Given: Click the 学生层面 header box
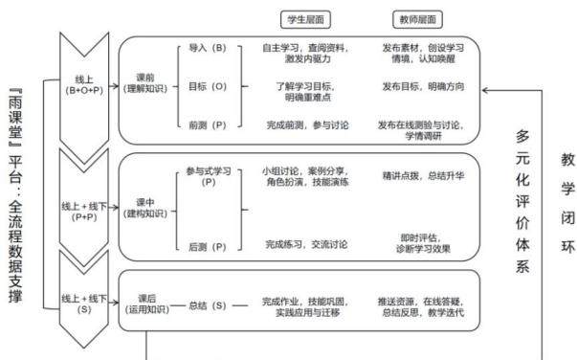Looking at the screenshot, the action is point(305,19).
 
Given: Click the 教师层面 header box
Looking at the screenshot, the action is point(417,19).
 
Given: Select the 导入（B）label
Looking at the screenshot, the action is point(208,48).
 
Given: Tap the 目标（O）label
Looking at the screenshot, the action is point(208,86).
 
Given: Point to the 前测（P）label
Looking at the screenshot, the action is point(208,125).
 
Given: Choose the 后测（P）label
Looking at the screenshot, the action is point(208,247).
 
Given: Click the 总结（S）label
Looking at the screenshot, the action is point(208,305).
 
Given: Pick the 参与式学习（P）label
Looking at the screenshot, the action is point(209,176).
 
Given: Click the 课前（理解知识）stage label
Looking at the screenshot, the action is point(145,83).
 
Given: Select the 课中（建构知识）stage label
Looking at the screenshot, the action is point(145,208).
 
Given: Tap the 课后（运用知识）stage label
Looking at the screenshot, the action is point(146,304).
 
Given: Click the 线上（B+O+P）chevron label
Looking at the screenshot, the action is point(84,84).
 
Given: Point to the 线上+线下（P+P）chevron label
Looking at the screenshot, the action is point(84,212).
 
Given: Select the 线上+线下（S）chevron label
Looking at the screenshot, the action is point(84,304).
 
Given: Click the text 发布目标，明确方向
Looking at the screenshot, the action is point(423,86).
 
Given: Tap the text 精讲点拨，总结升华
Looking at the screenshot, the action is point(423,176).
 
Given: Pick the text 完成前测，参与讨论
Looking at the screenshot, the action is point(307,125).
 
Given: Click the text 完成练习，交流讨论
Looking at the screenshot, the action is point(306,244).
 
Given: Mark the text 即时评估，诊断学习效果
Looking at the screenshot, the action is point(423,243).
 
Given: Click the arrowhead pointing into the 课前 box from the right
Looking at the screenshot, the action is point(485,90).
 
